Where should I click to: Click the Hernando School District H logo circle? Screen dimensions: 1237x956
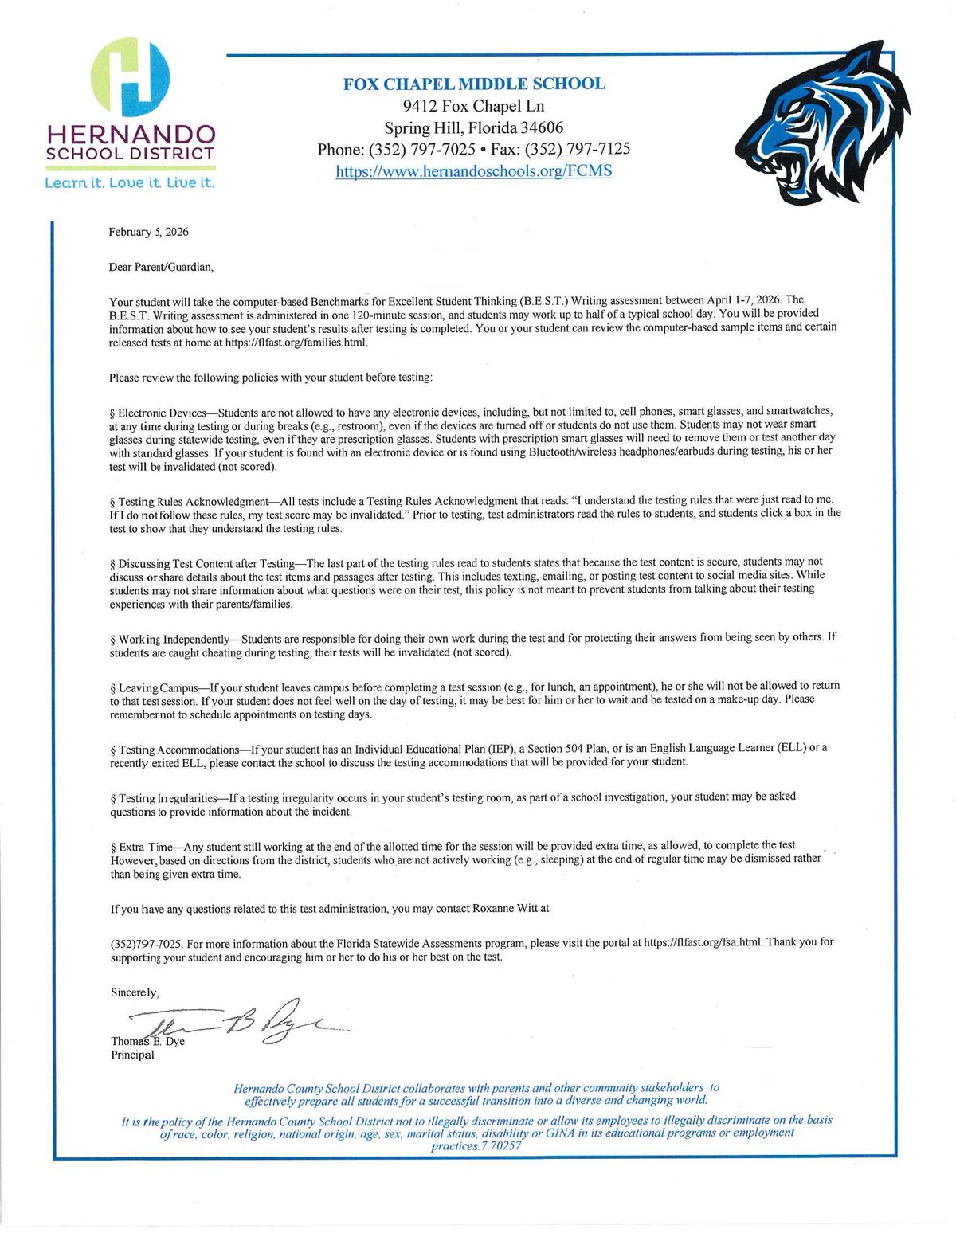click(130, 76)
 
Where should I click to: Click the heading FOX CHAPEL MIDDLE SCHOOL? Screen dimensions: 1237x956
click(474, 84)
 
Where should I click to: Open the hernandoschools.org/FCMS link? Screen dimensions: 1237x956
click(474, 171)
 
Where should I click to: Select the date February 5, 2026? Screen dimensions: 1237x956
click(149, 232)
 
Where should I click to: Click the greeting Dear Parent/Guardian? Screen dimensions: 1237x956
click(162, 267)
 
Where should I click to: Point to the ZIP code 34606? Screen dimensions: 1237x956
click(542, 127)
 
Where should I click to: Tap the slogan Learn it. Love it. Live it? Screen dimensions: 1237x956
click(130, 183)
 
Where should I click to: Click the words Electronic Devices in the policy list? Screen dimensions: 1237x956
click(162, 413)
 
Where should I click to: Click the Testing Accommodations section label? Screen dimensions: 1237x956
click(179, 750)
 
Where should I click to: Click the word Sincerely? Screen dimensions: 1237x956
click(135, 992)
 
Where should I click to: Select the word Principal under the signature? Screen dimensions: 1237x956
click(132, 1055)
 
